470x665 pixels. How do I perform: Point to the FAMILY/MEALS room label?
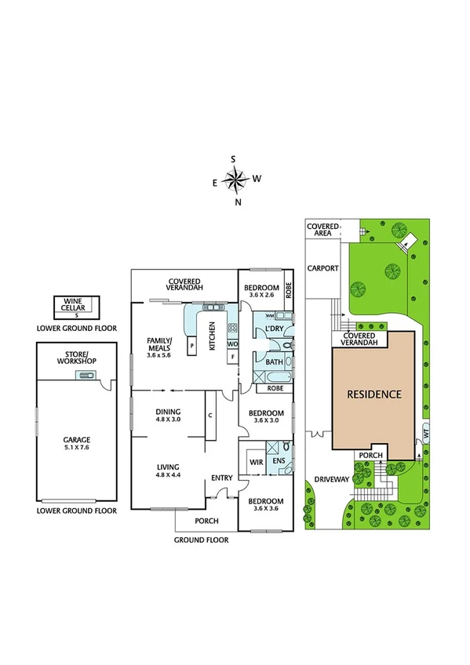[158, 346]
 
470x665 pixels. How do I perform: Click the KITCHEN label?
[212, 339]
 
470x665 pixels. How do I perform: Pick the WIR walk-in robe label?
[254, 462]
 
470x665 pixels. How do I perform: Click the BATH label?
[274, 362]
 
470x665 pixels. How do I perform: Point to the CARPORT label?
[322, 268]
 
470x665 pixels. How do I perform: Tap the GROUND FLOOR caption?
[202, 540]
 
